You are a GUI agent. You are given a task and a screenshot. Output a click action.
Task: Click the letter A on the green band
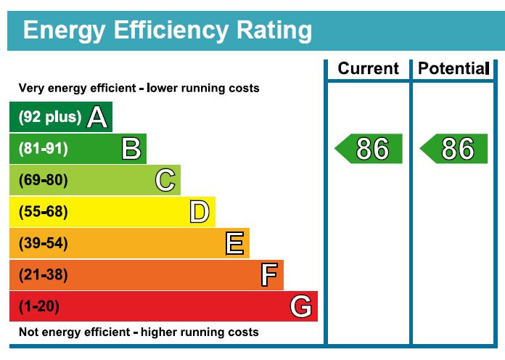click(x=97, y=117)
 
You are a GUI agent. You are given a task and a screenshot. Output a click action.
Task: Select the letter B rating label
click(x=131, y=149)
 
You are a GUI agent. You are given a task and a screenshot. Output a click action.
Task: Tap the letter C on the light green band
click(x=165, y=180)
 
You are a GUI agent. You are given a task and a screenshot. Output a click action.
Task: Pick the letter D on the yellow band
click(x=200, y=212)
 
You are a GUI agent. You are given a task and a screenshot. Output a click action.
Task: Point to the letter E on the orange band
click(x=234, y=243)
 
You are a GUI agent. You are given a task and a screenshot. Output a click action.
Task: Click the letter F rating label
click(x=269, y=275)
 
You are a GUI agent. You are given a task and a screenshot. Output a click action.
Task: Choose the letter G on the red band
click(x=301, y=306)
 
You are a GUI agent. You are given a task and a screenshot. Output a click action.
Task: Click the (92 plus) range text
click(x=50, y=118)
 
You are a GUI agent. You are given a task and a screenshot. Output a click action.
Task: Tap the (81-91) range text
click(x=43, y=149)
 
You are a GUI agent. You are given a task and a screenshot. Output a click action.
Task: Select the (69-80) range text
click(x=43, y=180)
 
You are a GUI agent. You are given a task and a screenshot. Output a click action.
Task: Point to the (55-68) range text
click(x=43, y=212)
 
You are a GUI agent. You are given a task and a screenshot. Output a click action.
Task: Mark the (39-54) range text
click(x=43, y=243)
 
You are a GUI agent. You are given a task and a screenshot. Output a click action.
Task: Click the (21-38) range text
click(x=43, y=275)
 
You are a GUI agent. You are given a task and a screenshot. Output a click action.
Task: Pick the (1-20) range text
click(x=39, y=306)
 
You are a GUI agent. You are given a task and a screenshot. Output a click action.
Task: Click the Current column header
click(x=368, y=69)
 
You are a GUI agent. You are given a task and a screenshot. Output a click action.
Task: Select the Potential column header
click(x=453, y=69)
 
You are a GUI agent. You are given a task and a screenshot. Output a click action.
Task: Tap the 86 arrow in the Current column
click(x=369, y=149)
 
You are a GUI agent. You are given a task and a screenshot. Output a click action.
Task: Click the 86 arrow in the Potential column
click(x=455, y=149)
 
